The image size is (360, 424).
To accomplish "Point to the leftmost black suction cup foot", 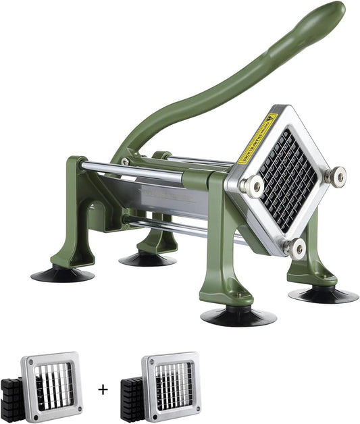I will (62, 274).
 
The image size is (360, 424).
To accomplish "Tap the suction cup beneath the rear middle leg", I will (147, 259).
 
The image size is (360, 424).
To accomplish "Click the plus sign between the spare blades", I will (103, 390).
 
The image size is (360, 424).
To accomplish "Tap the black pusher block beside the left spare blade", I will (12, 398).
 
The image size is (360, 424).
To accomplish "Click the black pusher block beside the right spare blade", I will (131, 398).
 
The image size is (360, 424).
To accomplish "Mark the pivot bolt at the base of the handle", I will (126, 162).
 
